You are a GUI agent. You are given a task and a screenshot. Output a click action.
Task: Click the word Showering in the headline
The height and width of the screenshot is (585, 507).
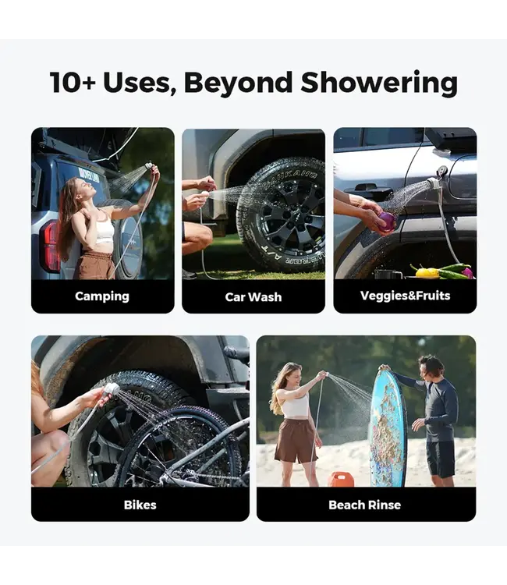click(x=378, y=83)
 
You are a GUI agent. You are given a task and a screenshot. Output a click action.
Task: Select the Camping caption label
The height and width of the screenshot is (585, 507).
click(x=102, y=296)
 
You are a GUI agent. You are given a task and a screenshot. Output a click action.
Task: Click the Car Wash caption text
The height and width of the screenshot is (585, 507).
click(x=253, y=297)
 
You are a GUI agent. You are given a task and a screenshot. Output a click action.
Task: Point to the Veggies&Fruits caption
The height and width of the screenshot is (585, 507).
click(x=405, y=296)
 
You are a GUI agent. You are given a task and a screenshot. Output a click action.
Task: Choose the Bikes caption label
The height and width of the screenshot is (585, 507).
click(x=140, y=505)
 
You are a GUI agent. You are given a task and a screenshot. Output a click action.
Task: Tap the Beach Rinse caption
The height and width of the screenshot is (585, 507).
click(x=364, y=505)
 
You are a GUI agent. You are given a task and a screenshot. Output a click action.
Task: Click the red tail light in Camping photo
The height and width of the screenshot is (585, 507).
click(x=49, y=246)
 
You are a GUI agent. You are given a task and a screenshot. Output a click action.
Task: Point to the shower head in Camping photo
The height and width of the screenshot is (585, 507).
click(x=148, y=165)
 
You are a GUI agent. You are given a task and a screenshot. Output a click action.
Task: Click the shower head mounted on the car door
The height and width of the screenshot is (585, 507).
click(x=433, y=183)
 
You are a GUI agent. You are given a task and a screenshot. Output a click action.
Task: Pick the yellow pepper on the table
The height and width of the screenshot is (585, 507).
click(x=428, y=272)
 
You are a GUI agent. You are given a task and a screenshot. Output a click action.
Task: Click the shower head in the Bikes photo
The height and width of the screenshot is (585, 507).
click(x=112, y=389)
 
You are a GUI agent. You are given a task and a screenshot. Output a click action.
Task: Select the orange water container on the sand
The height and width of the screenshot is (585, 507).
click(x=341, y=480)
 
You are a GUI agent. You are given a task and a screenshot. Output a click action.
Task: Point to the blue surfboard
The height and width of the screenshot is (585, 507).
click(x=387, y=427)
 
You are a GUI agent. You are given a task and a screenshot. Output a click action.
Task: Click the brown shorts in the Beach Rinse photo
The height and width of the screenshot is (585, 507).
click(x=296, y=440)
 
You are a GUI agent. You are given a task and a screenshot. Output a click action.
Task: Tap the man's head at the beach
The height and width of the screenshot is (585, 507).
click(x=431, y=367)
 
